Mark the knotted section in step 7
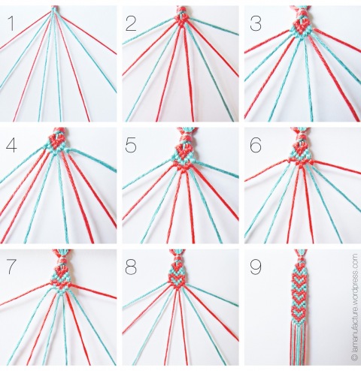(x=59, y=272)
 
